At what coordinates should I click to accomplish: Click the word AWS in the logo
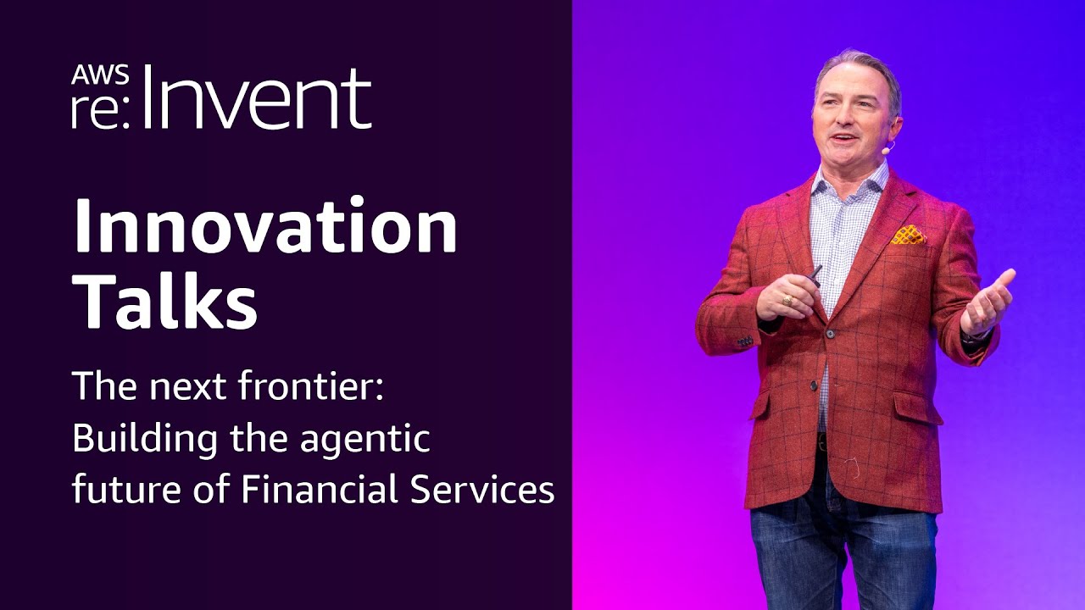[100, 75]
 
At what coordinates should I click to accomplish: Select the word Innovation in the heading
[264, 228]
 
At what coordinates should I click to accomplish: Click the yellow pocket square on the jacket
[908, 236]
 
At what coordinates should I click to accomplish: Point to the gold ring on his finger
[787, 299]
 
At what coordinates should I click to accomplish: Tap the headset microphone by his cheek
[887, 147]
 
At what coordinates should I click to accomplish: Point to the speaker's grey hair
[856, 66]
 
